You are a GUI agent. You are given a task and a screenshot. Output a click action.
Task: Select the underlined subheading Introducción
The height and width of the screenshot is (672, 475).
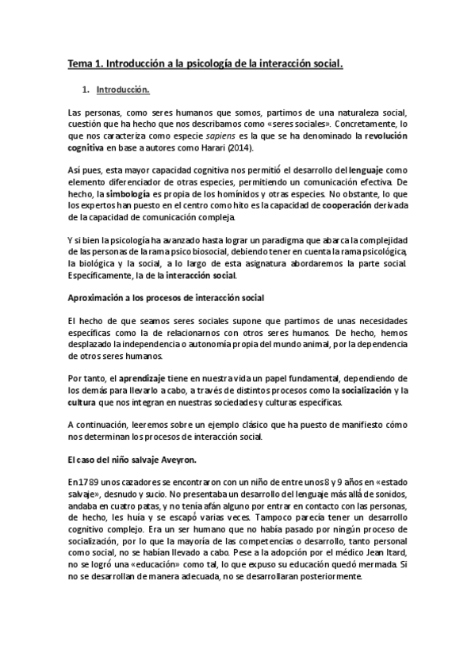coord(128,90)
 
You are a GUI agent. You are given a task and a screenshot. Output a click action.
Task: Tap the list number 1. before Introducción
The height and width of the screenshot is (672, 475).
coord(96,90)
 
